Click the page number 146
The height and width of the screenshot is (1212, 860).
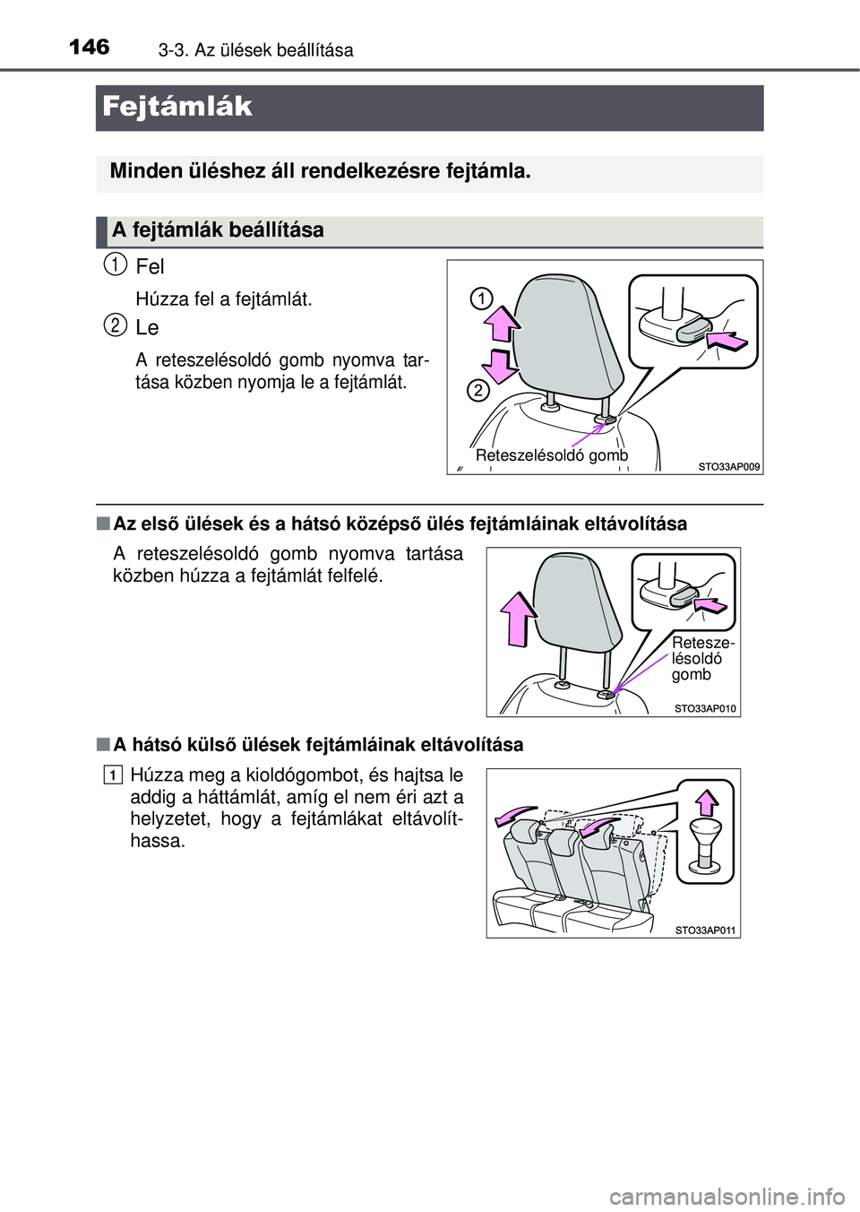pyautogui.click(x=90, y=48)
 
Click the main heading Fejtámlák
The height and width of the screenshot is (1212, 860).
pyautogui.click(x=177, y=107)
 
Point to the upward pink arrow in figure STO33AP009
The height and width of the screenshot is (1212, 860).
pyautogui.click(x=503, y=322)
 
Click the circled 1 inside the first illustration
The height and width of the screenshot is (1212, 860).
pyautogui.click(x=480, y=299)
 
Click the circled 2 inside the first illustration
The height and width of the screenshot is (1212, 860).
pyautogui.click(x=478, y=390)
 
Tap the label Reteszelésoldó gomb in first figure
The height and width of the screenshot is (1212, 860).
pyautogui.click(x=552, y=455)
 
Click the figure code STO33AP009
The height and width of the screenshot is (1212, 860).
pyautogui.click(x=728, y=466)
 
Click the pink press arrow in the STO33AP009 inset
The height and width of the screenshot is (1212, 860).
pyautogui.click(x=727, y=342)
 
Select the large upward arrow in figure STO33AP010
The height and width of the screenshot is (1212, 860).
pyautogui.click(x=519, y=619)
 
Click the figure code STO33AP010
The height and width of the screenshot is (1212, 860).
pyautogui.click(x=705, y=708)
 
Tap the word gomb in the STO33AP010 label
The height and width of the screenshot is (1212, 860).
pyautogui.click(x=692, y=675)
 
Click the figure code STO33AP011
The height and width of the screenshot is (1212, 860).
pyautogui.click(x=705, y=931)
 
